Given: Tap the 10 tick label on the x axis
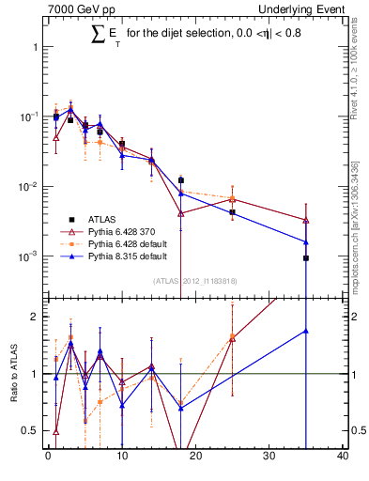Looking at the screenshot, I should tap(121, 458).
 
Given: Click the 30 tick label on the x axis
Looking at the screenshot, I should tap(269, 458).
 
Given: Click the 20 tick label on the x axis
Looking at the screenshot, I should tap(195, 458).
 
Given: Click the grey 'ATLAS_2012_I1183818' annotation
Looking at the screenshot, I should tap(194, 280).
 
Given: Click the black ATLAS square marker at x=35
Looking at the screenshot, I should tap(306, 257).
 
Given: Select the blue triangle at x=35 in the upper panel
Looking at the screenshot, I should tap(306, 241).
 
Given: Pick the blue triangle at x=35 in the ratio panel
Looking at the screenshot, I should tap(306, 331).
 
